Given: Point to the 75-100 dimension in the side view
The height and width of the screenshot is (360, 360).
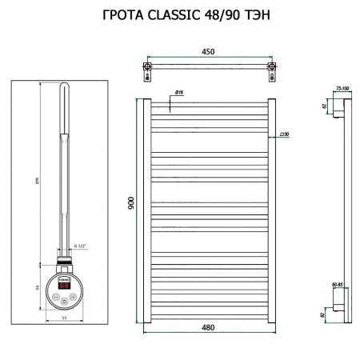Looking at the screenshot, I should click(x=342, y=90).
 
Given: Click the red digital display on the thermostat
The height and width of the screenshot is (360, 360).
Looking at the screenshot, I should click(x=64, y=283).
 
